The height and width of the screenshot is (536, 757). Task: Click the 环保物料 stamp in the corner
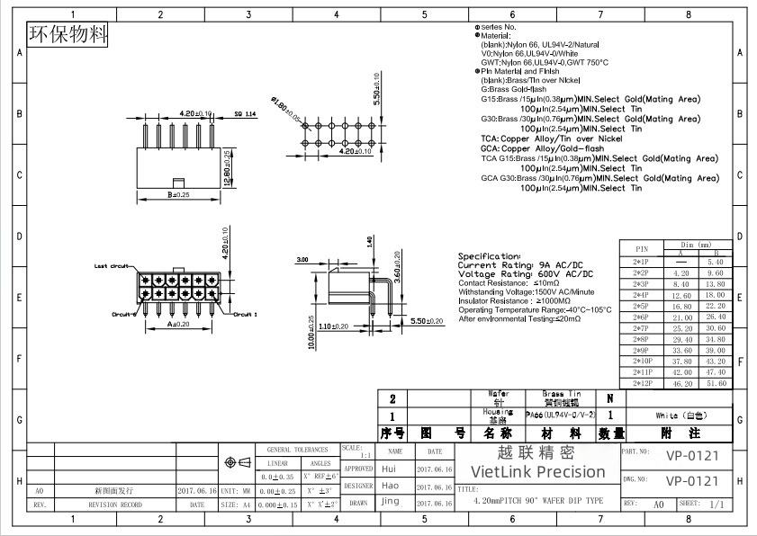[68, 35]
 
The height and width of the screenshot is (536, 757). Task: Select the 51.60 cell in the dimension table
[716, 383]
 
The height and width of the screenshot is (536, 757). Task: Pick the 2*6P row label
[641, 317]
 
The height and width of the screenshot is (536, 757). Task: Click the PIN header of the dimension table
[641, 249]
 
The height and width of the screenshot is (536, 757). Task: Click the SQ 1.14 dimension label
[245, 114]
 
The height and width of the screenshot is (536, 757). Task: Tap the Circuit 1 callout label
[247, 314]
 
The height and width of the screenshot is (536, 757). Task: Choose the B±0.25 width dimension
[177, 193]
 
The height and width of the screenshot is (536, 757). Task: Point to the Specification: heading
[490, 256]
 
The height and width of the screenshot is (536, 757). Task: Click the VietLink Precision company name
[538, 471]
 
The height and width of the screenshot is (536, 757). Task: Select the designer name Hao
[390, 486]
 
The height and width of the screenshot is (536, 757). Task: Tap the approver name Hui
[389, 469]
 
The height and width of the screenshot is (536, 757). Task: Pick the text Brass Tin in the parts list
[562, 394]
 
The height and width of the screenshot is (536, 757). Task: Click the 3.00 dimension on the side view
[302, 260]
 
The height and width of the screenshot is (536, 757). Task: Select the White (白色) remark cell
[681, 415]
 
